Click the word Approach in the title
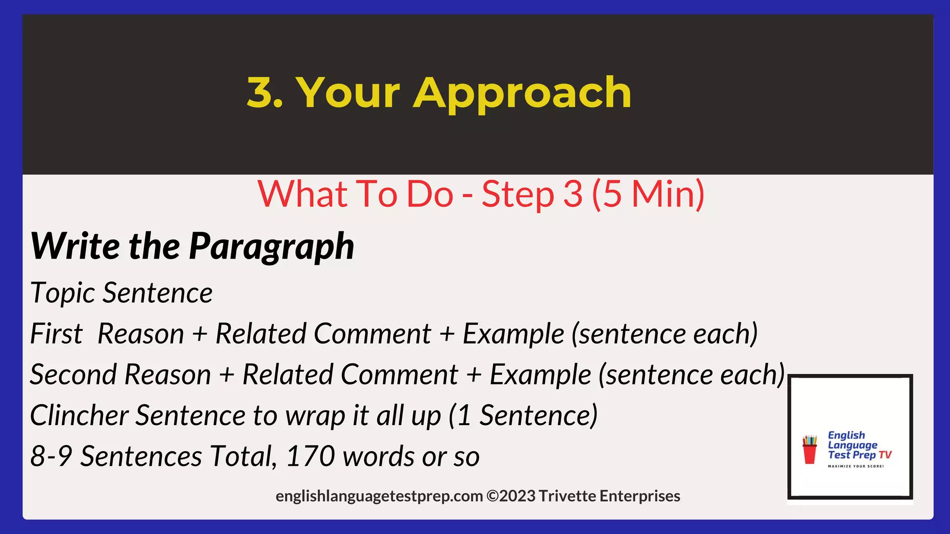(x=522, y=94)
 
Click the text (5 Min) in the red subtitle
(x=648, y=194)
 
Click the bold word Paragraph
(x=271, y=247)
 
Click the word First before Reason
(x=56, y=334)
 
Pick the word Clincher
(x=79, y=415)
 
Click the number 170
(x=310, y=456)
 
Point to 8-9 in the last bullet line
(x=51, y=456)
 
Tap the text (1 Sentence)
(x=523, y=415)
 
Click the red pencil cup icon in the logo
(x=810, y=449)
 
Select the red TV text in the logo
(x=885, y=455)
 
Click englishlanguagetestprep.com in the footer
(x=379, y=496)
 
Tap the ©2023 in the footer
(x=510, y=496)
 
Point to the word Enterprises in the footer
(x=640, y=496)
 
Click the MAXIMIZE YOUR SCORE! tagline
(x=856, y=466)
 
